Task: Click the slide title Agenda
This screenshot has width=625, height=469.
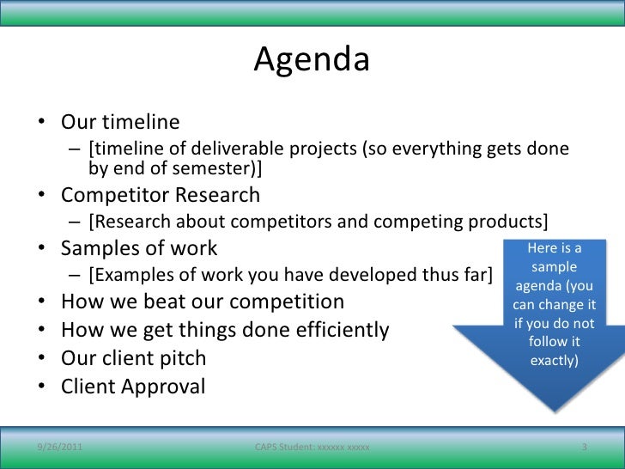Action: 312,60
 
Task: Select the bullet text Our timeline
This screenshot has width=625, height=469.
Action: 120,122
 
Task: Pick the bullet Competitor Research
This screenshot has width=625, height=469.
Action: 161,195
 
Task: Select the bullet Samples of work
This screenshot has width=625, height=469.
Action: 139,248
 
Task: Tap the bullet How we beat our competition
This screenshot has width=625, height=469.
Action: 203,301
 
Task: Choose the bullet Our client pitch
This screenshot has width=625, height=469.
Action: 134,358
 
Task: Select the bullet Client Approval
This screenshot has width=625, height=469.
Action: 133,387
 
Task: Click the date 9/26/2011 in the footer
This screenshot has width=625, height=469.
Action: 60,447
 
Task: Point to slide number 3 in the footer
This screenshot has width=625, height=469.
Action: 585,447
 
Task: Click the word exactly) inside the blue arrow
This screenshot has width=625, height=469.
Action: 554,361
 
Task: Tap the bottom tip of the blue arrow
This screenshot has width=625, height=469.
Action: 555,411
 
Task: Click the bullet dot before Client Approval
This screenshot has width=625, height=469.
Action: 42,386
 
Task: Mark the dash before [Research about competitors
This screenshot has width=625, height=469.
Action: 75,222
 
